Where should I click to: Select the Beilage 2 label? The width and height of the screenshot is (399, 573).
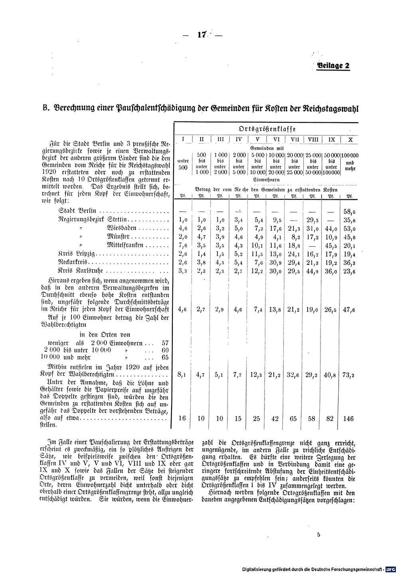333,66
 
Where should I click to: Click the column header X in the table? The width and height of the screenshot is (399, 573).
350,139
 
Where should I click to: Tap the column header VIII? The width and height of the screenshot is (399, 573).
313,139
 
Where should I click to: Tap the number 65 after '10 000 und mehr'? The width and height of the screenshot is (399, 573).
165,357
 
